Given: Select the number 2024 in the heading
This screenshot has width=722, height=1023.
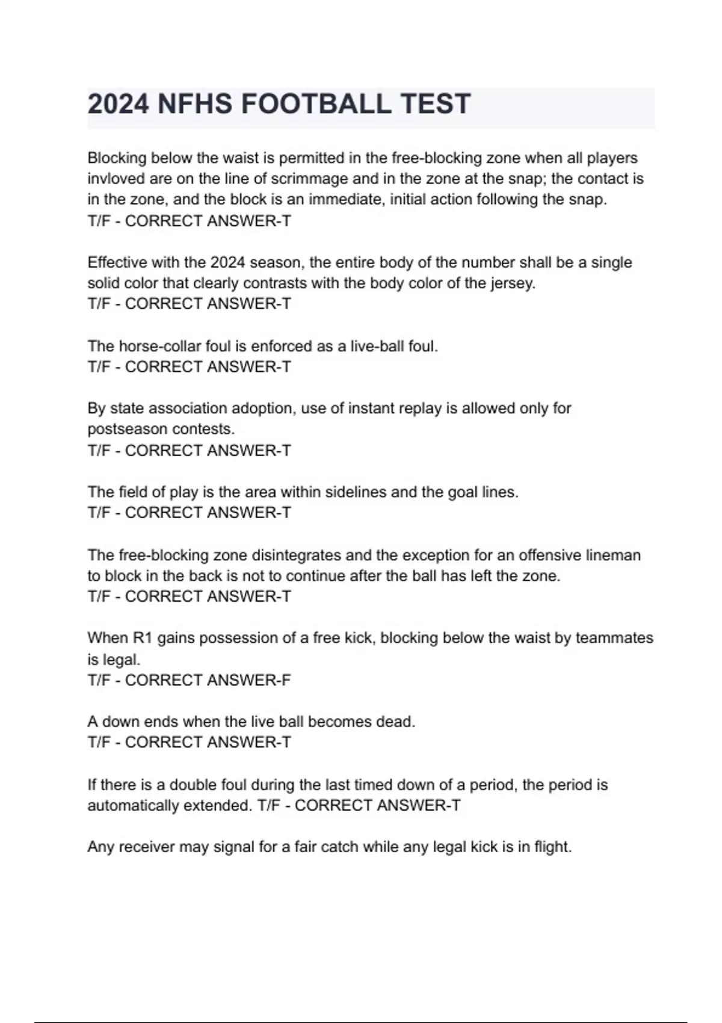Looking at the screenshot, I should pos(118,104).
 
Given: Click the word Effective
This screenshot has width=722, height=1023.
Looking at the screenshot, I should pos(117,262).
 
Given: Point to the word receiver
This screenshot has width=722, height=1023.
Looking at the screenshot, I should pos(146,847).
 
